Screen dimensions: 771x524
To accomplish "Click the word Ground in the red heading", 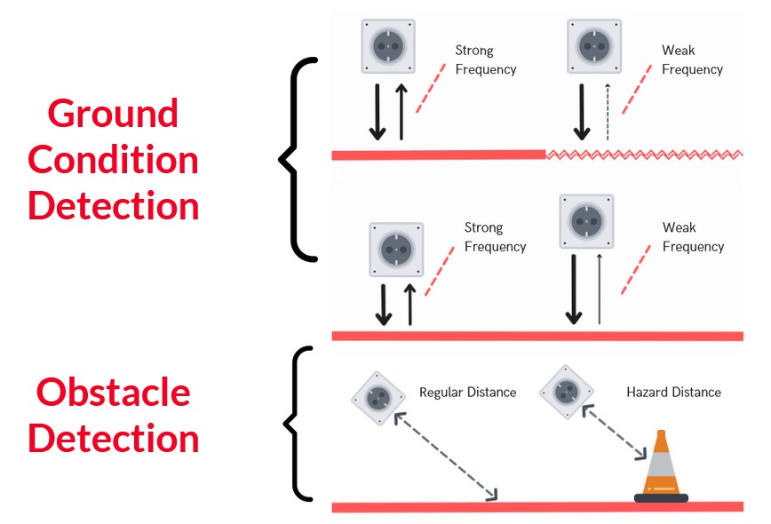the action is tap(113, 114).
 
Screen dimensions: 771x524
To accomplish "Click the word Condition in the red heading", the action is tap(113, 160).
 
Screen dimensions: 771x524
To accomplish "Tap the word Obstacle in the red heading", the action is tap(113, 393).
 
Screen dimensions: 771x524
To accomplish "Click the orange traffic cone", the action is tap(661, 466).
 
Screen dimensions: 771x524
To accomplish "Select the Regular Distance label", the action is tap(467, 393).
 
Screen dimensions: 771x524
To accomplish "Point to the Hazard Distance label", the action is tap(673, 393).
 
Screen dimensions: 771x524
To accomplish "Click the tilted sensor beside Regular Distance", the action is tap(378, 398).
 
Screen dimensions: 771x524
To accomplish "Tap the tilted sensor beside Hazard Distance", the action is tap(567, 392).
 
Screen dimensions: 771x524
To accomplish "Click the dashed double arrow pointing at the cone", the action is tap(614, 433).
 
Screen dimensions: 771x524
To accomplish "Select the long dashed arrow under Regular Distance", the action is tap(446, 457).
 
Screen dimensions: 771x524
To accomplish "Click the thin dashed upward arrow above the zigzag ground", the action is tap(608, 112).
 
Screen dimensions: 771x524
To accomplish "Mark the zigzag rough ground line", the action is tap(644, 155).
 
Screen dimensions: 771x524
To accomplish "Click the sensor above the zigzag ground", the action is tap(594, 46).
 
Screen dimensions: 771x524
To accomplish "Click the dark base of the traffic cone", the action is tap(661, 498).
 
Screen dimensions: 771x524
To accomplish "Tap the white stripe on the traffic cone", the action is tap(661, 464).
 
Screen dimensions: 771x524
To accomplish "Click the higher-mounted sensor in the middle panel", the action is tap(586, 221).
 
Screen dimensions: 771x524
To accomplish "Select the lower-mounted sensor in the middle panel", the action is tap(396, 250).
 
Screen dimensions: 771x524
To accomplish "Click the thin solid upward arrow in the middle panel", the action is tap(599, 289).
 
